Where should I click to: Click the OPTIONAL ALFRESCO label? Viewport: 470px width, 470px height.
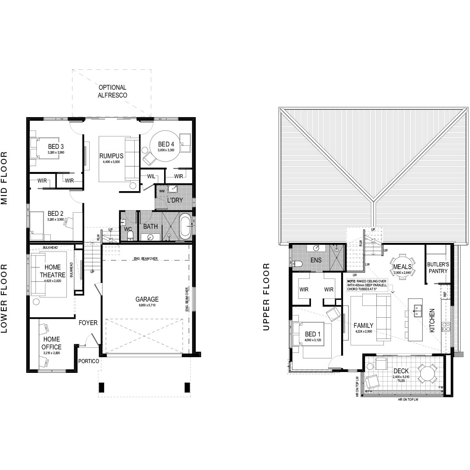click(112, 91)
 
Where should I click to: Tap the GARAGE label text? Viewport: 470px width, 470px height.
click(147, 299)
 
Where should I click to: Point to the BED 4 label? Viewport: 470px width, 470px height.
click(165, 143)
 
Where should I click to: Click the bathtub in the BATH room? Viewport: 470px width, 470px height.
click(185, 226)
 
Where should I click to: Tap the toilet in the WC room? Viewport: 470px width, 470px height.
click(131, 235)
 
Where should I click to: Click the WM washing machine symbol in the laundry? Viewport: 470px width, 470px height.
click(161, 191)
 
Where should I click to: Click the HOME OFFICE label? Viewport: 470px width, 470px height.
click(52, 343)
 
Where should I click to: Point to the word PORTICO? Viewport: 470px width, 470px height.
click(88, 361)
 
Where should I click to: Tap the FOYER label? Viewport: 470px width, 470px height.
click(88, 323)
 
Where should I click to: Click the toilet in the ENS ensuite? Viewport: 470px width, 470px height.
click(297, 263)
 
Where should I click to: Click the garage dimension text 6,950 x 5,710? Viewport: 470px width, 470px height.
click(147, 305)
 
